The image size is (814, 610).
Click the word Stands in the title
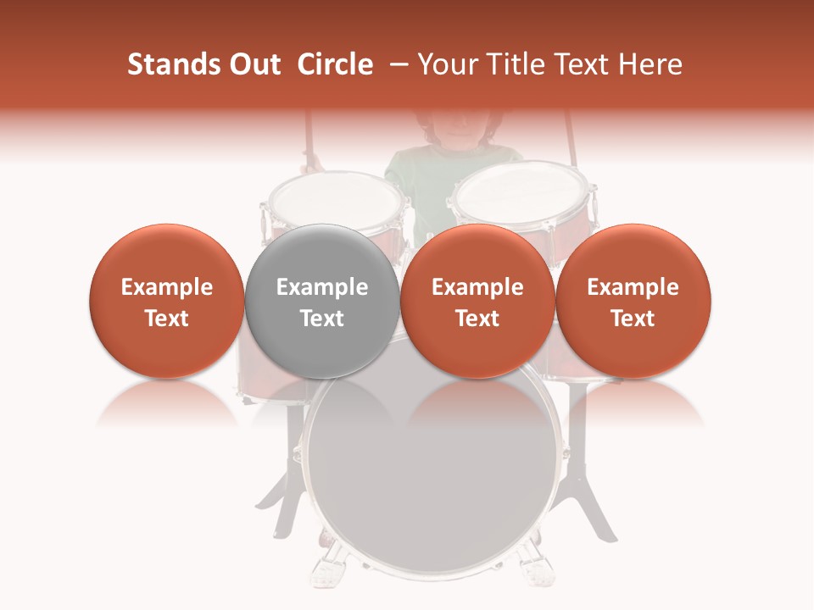pos(172,64)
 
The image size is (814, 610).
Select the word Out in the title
pos(254,64)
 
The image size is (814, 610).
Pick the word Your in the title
pos(449,64)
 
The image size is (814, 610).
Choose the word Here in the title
pos(651,64)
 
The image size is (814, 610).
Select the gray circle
pos(322,301)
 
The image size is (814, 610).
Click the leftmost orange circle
pos(166,301)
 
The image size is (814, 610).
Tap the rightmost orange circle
pos(633,301)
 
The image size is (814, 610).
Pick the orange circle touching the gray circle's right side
pos(477,301)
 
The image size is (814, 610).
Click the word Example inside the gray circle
pos(322,287)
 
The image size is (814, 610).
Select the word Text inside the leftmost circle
pos(166,318)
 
